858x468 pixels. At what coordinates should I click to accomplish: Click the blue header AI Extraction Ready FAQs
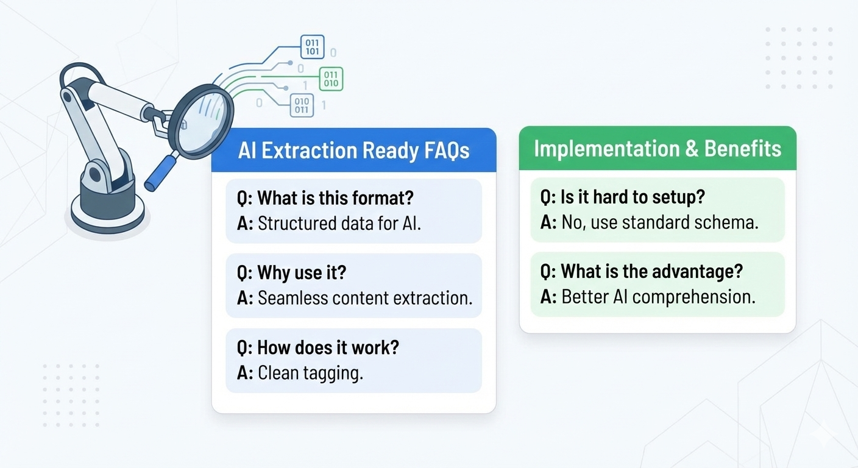[x=353, y=151]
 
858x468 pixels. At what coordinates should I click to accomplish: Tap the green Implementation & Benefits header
[x=657, y=149]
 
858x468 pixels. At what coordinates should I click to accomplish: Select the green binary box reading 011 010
[x=331, y=79]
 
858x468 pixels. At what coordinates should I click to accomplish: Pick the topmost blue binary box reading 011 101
[x=312, y=47]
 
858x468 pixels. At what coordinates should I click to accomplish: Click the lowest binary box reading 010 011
[x=302, y=105]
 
